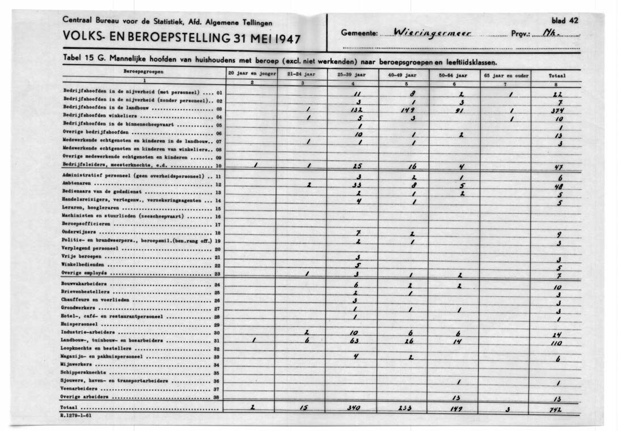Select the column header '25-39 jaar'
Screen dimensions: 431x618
click(x=353, y=74)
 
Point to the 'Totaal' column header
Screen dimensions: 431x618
click(x=557, y=75)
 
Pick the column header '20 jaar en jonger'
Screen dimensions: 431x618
click(x=252, y=74)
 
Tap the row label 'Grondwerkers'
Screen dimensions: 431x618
click(x=80, y=309)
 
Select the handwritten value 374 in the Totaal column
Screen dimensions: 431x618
click(x=557, y=112)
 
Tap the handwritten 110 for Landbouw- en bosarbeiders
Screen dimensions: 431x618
click(x=557, y=343)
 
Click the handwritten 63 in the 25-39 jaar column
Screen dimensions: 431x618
click(x=355, y=342)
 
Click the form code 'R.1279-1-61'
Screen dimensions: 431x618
click(x=75, y=416)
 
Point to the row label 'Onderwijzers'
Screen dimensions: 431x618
click(x=79, y=233)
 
